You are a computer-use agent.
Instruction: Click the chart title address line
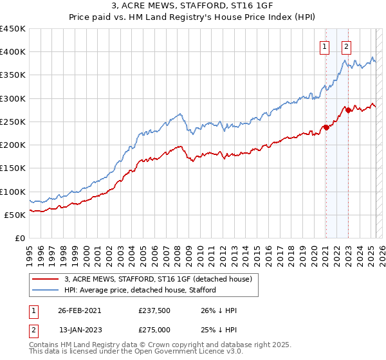pos(192,6)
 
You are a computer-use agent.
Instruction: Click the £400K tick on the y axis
pos(13,52)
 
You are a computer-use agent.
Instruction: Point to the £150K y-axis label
pos(13,168)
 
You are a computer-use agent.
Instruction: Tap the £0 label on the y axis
pos(20,239)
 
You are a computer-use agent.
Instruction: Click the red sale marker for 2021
pos(326,127)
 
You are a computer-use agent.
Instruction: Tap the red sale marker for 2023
pos(348,110)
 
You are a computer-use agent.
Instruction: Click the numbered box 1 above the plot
pos(325,46)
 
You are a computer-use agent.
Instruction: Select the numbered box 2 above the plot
pos(346,46)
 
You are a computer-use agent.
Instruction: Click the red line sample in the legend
pos(45,279)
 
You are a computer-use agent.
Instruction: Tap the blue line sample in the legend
pos(45,291)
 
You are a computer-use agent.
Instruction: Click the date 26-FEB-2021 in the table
pos(79,310)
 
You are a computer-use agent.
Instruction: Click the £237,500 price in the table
pos(155,310)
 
